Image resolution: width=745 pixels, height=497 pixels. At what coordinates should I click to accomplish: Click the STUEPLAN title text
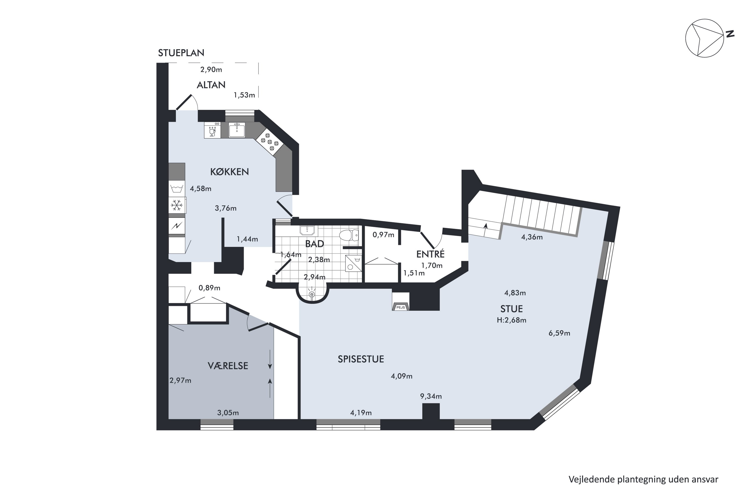click(x=181, y=53)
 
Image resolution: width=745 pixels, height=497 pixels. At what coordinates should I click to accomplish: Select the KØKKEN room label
click(x=230, y=172)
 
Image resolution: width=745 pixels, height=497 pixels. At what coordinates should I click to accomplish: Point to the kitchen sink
click(x=237, y=130)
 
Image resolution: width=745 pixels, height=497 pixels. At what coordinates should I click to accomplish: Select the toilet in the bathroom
click(x=349, y=235)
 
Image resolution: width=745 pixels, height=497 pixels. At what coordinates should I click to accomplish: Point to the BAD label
click(x=315, y=244)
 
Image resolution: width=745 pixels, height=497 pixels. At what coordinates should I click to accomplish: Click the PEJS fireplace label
click(x=401, y=307)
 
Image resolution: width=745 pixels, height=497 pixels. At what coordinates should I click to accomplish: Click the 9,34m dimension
click(x=431, y=396)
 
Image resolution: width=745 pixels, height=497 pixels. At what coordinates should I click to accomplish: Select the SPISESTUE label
click(x=361, y=359)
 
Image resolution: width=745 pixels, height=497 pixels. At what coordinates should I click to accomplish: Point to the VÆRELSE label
click(x=228, y=366)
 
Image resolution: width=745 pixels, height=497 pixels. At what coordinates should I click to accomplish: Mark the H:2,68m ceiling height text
click(x=512, y=320)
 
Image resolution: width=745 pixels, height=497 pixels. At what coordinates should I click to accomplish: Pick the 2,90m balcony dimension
click(x=211, y=69)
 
